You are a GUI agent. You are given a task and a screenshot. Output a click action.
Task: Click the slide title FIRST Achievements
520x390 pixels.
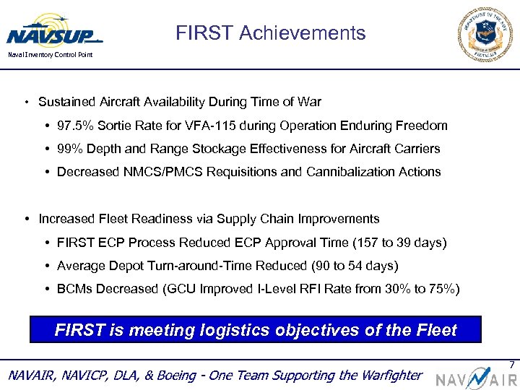(270, 33)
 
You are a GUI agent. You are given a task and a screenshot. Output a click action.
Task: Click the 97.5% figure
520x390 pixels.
(75, 126)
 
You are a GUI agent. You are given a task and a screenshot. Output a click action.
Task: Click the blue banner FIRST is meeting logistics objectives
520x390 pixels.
(256, 330)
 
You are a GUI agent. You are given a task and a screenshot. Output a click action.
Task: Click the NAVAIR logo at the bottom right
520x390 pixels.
(475, 376)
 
